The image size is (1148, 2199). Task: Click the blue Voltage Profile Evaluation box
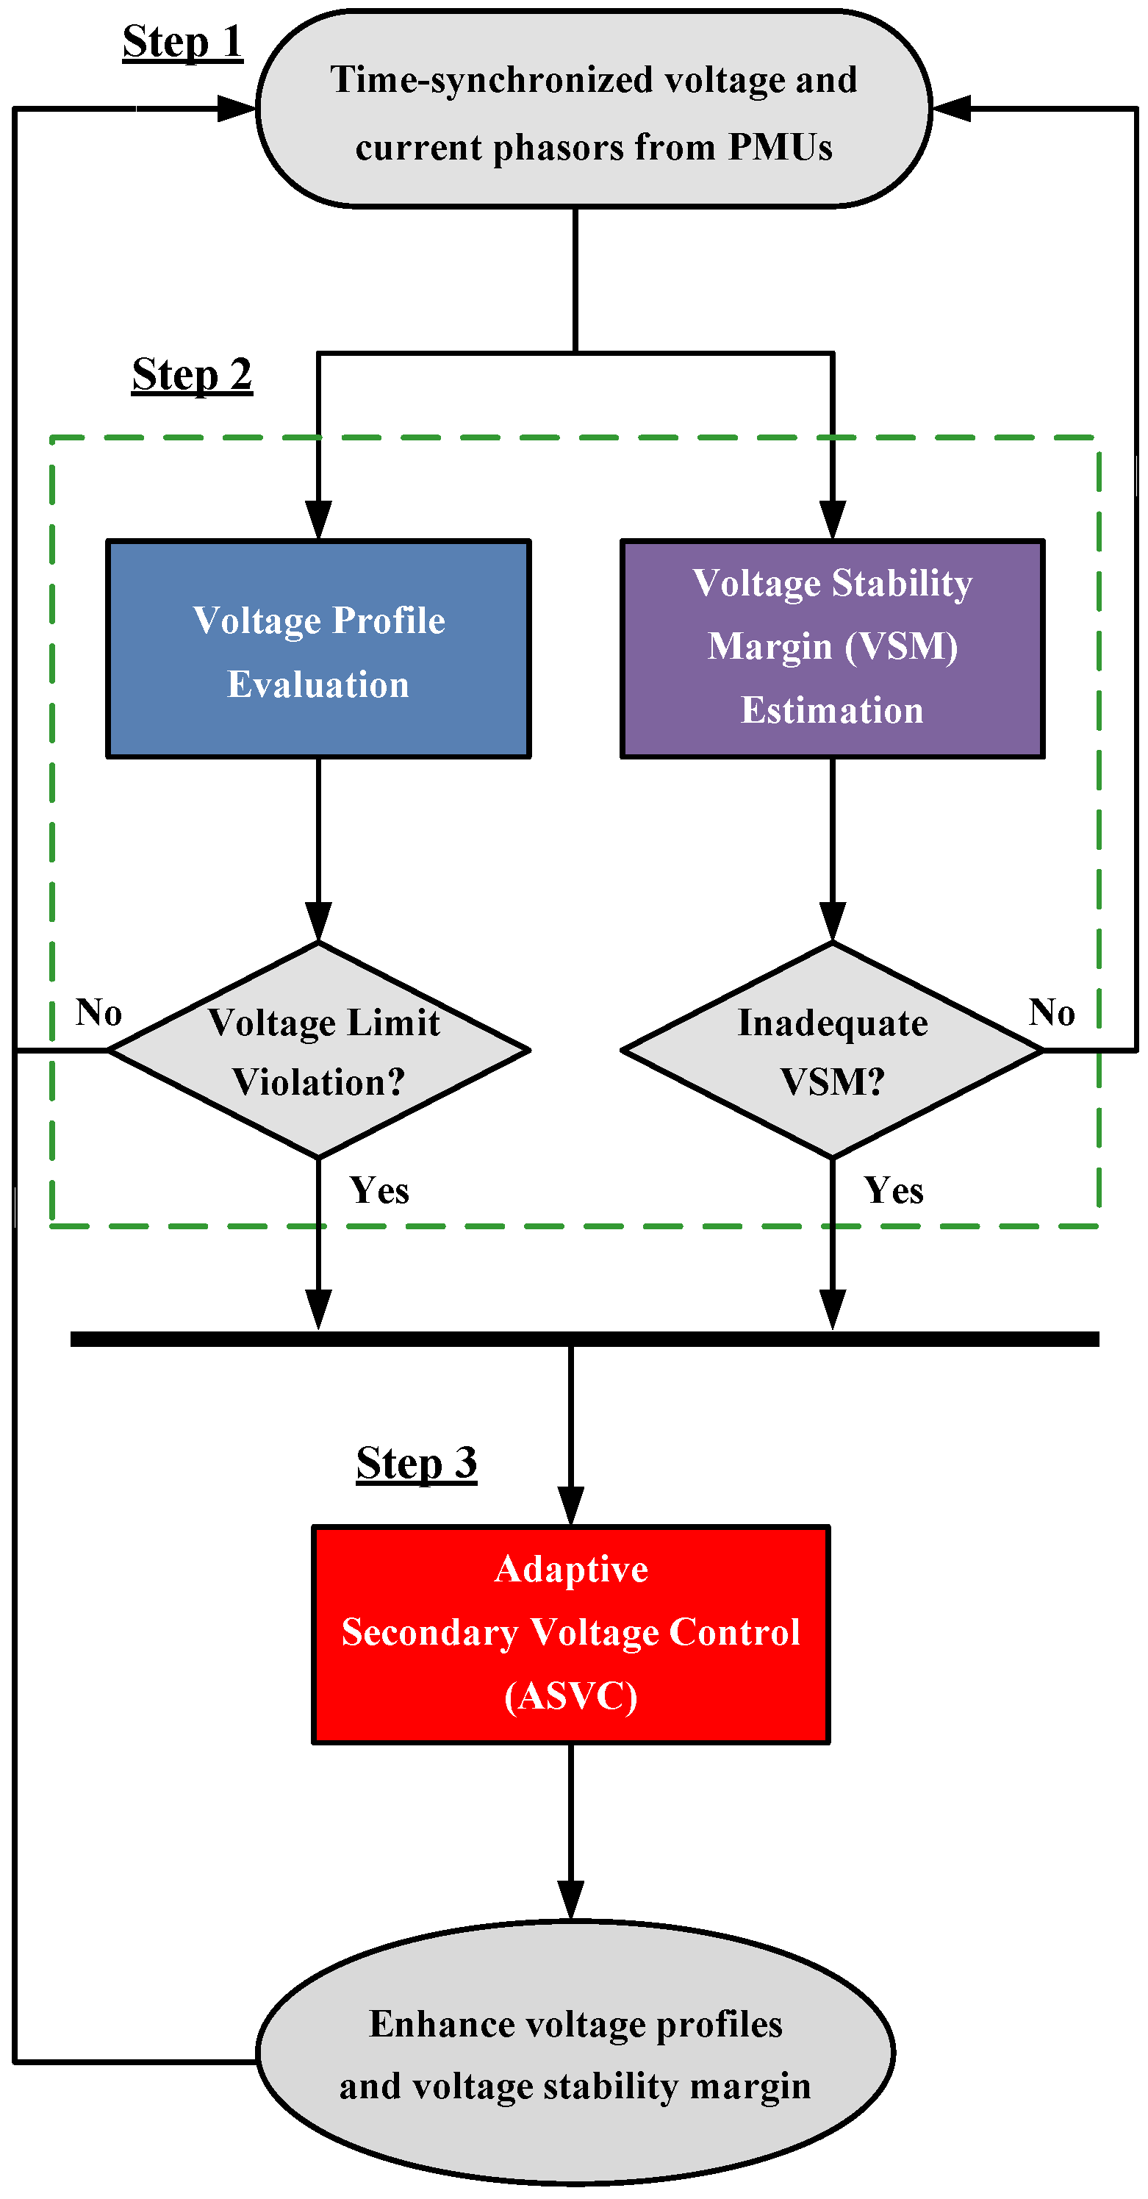tap(318, 648)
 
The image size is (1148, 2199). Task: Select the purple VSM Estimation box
tap(831, 648)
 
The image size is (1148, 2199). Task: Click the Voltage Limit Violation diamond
tap(318, 1050)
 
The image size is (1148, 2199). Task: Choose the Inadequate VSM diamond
tap(831, 1050)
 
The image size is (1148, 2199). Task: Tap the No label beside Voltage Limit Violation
tap(98, 1012)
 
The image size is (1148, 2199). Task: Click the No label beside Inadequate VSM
tap(1052, 1012)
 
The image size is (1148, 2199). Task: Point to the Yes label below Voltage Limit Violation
tap(379, 1190)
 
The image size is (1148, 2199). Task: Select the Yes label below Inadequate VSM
tap(893, 1190)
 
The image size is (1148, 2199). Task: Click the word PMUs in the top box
tap(779, 147)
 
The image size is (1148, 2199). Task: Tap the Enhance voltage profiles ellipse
tap(575, 2052)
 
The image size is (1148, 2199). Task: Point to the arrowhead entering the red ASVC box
tap(570, 1506)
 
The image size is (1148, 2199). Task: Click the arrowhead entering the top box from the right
tap(951, 108)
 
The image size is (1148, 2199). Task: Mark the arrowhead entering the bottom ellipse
tap(570, 1901)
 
